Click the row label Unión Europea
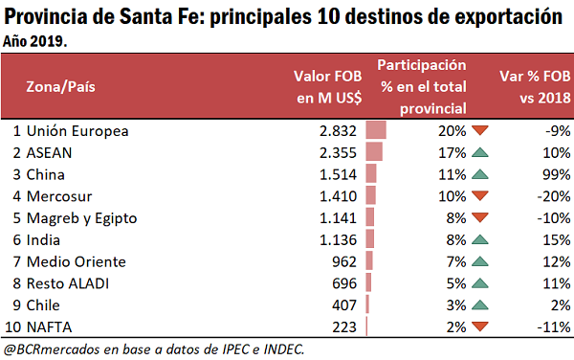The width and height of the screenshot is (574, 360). pyautogui.click(x=77, y=130)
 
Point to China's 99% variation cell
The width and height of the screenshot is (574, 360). pyautogui.click(x=555, y=173)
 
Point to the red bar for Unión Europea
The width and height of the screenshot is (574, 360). pyautogui.click(x=376, y=130)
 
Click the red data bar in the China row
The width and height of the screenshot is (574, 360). pyautogui.click(x=371, y=173)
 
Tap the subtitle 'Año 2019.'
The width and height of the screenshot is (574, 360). pyautogui.click(x=36, y=43)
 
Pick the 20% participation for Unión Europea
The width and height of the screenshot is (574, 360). pyautogui.click(x=451, y=130)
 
